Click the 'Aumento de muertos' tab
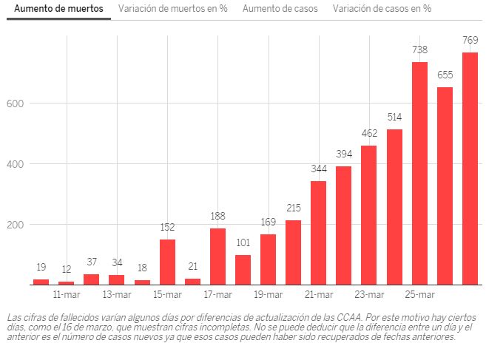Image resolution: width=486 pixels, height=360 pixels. pos(58,9)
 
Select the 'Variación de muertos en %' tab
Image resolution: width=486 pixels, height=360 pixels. pos(172,9)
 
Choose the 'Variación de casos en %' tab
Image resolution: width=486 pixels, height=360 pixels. pos(382,9)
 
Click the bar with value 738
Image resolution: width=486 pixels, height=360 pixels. pos(419,174)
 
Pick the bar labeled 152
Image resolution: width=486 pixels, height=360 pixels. pos(167,262)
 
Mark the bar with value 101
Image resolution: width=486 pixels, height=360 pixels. pos(243,270)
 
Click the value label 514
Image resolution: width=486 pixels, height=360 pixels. pos(394,118)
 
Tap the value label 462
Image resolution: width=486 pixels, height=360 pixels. pos(369,134)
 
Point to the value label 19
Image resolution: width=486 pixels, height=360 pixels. pos(41,268)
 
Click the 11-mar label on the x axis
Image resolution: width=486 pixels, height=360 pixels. pos(67,295)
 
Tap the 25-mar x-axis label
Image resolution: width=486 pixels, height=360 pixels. pos(419,295)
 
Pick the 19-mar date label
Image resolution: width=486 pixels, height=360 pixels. pos(268,295)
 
